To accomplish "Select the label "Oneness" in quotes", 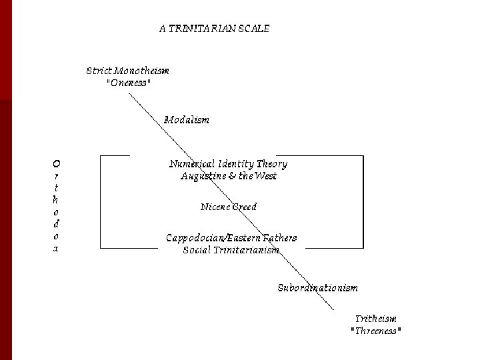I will [128, 83].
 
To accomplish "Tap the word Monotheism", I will [142, 71].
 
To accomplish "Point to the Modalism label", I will [187, 120].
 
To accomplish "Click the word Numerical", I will [191, 164].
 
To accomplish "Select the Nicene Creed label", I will [229, 207].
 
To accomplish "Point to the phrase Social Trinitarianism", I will [231, 250].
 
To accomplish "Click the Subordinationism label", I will [317, 288].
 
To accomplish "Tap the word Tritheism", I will [375, 319].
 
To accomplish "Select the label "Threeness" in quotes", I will [376, 331].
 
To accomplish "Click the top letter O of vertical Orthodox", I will [57, 163].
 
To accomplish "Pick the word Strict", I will [100, 71].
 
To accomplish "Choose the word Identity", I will [234, 164].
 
